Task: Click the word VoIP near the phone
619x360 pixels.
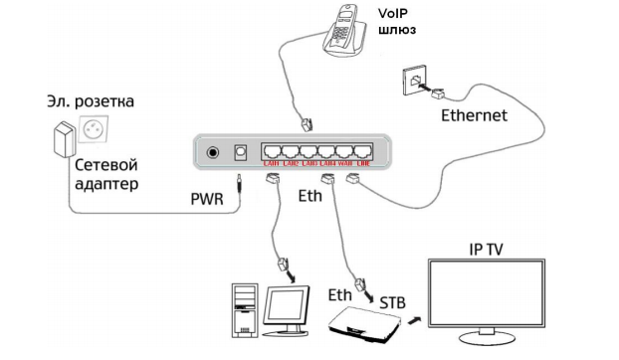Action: [396, 13]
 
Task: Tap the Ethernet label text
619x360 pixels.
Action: [474, 115]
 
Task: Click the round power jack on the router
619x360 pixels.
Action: [212, 153]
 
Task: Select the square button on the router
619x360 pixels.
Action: [239, 153]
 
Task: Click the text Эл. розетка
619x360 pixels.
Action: [90, 102]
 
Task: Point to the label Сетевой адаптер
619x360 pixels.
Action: [103, 174]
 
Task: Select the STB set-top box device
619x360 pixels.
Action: [364, 322]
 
